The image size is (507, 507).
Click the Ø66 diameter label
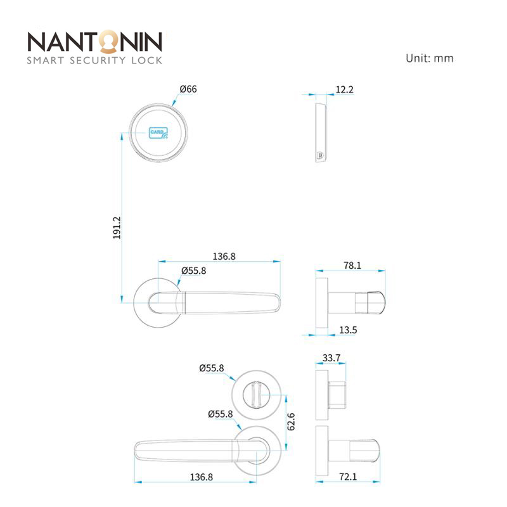point(188,89)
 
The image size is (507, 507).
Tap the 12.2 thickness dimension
point(344,89)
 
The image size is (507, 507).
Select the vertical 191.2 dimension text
point(117,228)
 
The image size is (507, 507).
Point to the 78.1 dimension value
point(352,266)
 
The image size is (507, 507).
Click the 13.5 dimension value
point(348,330)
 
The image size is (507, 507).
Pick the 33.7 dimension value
point(331,358)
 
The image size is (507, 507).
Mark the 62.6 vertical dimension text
point(291,421)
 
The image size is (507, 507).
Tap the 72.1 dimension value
point(348,477)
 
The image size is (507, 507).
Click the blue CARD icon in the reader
point(158,132)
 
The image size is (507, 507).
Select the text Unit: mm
point(430,58)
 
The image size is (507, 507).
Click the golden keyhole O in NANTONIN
point(108,42)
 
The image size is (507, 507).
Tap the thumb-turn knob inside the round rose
point(257,395)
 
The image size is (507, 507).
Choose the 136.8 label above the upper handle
point(224,257)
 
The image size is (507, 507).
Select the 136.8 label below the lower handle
point(201,477)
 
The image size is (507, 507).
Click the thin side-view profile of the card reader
point(321,133)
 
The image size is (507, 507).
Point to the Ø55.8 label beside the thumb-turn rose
point(212,368)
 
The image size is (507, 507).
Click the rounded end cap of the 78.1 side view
point(376,302)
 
